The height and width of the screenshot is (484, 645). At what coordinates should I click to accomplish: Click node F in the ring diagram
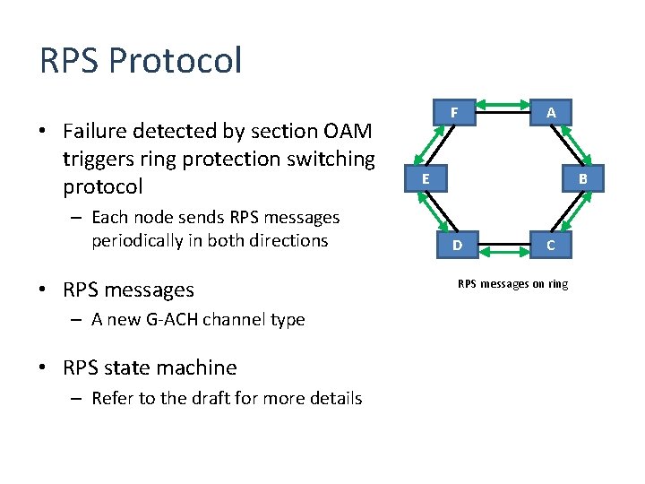tap(454, 113)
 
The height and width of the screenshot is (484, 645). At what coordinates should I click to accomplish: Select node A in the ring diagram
tap(551, 113)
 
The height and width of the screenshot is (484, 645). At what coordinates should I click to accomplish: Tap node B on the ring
tap(582, 179)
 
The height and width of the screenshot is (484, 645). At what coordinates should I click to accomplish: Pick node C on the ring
tap(551, 245)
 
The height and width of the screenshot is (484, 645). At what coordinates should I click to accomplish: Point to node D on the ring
tap(457, 245)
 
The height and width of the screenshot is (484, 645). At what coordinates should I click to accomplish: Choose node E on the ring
tap(426, 179)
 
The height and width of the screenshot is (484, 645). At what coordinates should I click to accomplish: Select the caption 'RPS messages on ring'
tap(512, 284)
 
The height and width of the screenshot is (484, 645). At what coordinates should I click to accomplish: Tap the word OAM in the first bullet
tap(345, 131)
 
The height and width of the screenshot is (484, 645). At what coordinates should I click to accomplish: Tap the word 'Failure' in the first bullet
tap(95, 131)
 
